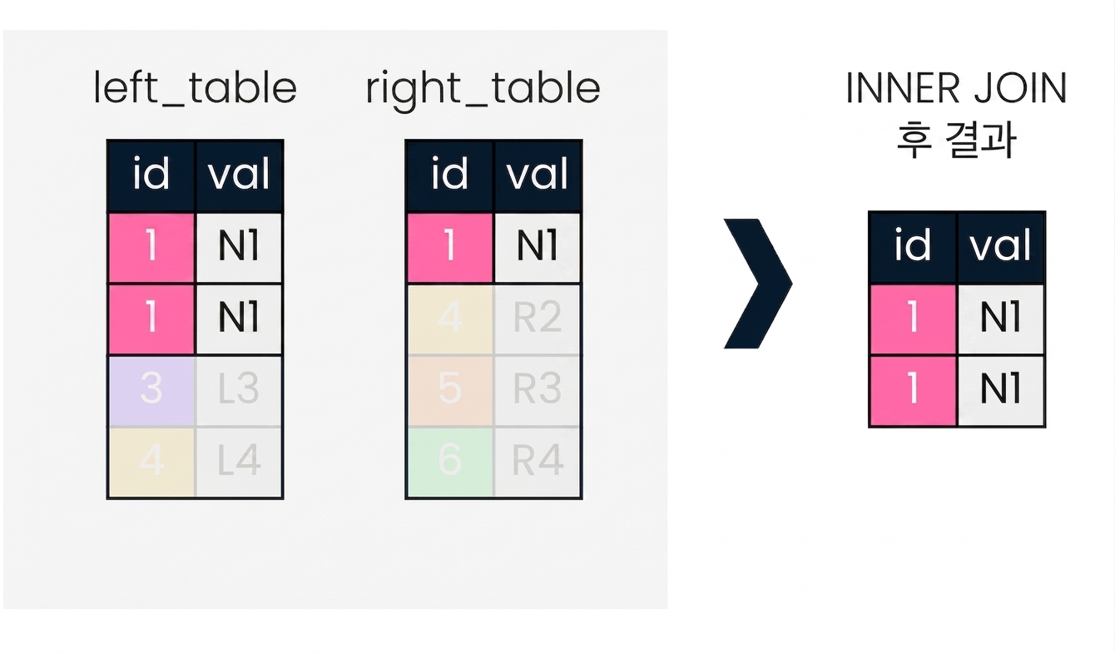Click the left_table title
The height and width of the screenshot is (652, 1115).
tap(195, 88)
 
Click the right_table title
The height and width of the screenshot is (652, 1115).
tap(483, 91)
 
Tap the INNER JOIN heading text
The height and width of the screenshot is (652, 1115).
tap(956, 88)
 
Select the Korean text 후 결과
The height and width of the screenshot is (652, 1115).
tap(956, 140)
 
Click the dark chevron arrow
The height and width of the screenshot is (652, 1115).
tap(757, 284)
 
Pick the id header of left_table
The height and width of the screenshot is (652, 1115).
tap(151, 176)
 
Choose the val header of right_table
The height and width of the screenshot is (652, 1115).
tap(538, 176)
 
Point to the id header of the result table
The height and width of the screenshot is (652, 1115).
tap(913, 247)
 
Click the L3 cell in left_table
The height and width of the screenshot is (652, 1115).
tap(239, 390)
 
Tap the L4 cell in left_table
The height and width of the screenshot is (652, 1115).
tap(239, 462)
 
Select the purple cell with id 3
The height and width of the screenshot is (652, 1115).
tap(151, 390)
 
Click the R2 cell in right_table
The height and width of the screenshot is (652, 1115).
tap(538, 319)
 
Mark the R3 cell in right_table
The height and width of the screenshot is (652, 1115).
tap(538, 390)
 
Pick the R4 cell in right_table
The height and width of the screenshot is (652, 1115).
tap(538, 462)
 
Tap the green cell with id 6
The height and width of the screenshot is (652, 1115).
tap(450, 462)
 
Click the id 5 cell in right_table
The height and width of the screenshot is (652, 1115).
tap(450, 390)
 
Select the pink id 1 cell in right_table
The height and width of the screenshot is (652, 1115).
tap(450, 247)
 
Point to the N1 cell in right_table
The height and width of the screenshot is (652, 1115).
tap(538, 247)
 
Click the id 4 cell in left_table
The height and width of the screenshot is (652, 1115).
tap(151, 462)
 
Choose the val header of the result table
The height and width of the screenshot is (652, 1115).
tap(1000, 247)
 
